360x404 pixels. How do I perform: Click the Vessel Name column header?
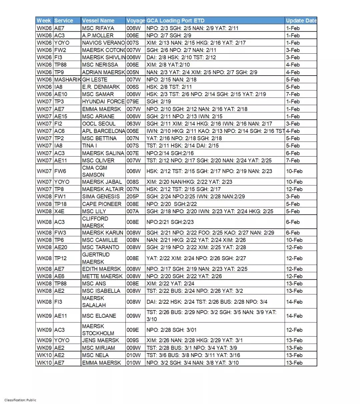click(98, 21)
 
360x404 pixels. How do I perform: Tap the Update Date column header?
click(301, 21)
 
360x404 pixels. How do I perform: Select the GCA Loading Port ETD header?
click(175, 21)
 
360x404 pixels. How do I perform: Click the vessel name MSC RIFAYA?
click(98, 28)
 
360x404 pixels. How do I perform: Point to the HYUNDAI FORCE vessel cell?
click(103, 102)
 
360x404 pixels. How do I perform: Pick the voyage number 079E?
click(133, 102)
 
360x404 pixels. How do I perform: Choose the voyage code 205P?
click(133, 197)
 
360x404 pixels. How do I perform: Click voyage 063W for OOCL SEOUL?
click(133, 124)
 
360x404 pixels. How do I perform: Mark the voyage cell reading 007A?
click(133, 211)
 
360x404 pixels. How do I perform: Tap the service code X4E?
click(59, 211)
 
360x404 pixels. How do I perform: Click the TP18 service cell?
click(60, 204)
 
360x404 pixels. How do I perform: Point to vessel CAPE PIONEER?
click(102, 204)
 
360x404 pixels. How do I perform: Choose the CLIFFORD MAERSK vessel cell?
click(95, 222)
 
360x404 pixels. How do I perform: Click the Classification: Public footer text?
click(20, 400)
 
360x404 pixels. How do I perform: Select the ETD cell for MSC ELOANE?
click(211, 316)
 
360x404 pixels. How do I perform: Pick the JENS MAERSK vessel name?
click(100, 340)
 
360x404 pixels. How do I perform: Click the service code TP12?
click(60, 258)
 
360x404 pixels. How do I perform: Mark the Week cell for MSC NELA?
click(44, 355)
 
